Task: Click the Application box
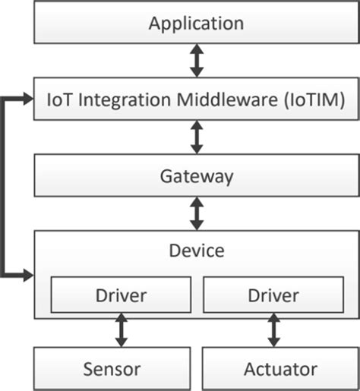pos(196,23)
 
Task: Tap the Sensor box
pos(112,369)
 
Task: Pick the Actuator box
pos(280,369)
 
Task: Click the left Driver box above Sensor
pos(120,295)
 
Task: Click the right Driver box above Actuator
pos(273,295)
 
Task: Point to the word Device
pos(196,249)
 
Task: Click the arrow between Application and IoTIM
pos(197,61)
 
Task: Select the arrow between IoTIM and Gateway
pos(197,137)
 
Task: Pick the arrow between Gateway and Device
pos(197,214)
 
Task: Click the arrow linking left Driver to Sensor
pos(120,330)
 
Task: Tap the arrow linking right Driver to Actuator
pos(273,330)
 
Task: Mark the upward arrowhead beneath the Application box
pos(197,50)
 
